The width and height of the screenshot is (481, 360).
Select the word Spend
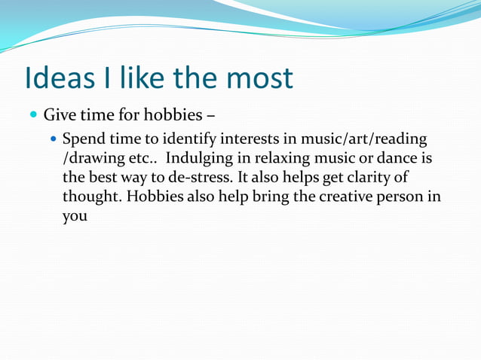click(x=85, y=140)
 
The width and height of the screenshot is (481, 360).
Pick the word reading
click(x=400, y=140)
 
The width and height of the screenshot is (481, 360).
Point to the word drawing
click(x=93, y=160)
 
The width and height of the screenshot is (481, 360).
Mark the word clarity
click(x=371, y=178)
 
